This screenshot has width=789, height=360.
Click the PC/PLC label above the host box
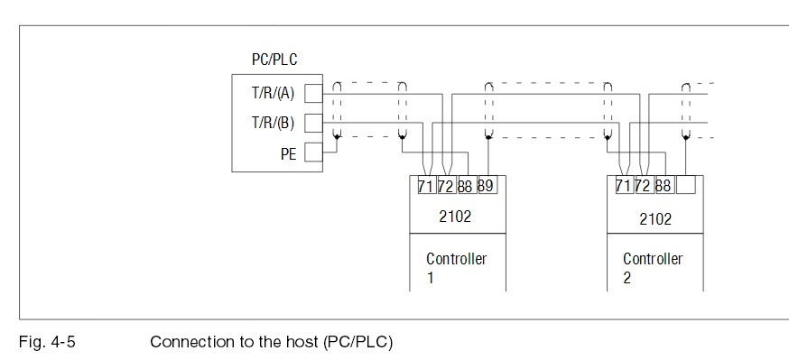click(274, 60)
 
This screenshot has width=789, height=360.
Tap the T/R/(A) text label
click(273, 94)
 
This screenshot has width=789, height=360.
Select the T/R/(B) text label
click(273, 124)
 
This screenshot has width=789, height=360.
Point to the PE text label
click(288, 154)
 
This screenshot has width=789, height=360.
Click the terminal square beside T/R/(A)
click(313, 94)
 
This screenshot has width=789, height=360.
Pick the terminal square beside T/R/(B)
click(313, 123)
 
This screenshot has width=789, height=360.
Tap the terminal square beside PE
click(313, 152)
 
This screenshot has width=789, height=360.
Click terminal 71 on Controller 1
click(426, 186)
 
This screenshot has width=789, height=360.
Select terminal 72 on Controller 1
click(446, 186)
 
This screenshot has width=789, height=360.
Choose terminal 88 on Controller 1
click(466, 186)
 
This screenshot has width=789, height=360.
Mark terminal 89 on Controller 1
click(487, 186)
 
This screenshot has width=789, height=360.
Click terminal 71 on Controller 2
click(624, 185)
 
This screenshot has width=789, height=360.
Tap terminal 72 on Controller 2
click(644, 185)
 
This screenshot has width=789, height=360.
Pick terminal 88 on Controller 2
click(664, 185)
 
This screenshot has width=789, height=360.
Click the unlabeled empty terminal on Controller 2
click(686, 185)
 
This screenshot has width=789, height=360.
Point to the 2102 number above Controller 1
click(455, 217)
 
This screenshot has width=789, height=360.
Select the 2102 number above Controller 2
click(655, 219)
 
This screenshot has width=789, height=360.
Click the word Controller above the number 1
click(457, 259)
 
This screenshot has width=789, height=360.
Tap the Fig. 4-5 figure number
click(47, 342)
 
